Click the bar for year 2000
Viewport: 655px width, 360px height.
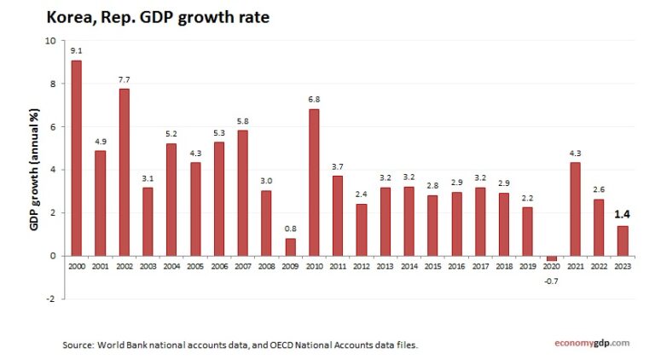77,158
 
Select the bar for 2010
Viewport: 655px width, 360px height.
314,183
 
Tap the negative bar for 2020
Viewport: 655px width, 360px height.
551,258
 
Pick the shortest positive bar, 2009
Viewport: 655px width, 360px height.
291,247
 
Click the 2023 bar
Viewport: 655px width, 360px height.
622,241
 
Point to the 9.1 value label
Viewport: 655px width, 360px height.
77,50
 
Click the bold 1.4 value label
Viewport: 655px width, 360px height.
622,214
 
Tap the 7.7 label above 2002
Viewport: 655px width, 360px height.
125,79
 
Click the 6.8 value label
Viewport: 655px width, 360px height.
314,100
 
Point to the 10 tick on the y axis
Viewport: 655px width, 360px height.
50,41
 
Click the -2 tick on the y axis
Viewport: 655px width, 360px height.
51,299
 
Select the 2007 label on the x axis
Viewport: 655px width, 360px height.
243,266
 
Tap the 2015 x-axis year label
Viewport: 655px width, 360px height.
432,266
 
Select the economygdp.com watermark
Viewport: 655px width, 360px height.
590,343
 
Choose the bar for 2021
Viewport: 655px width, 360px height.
575,209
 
